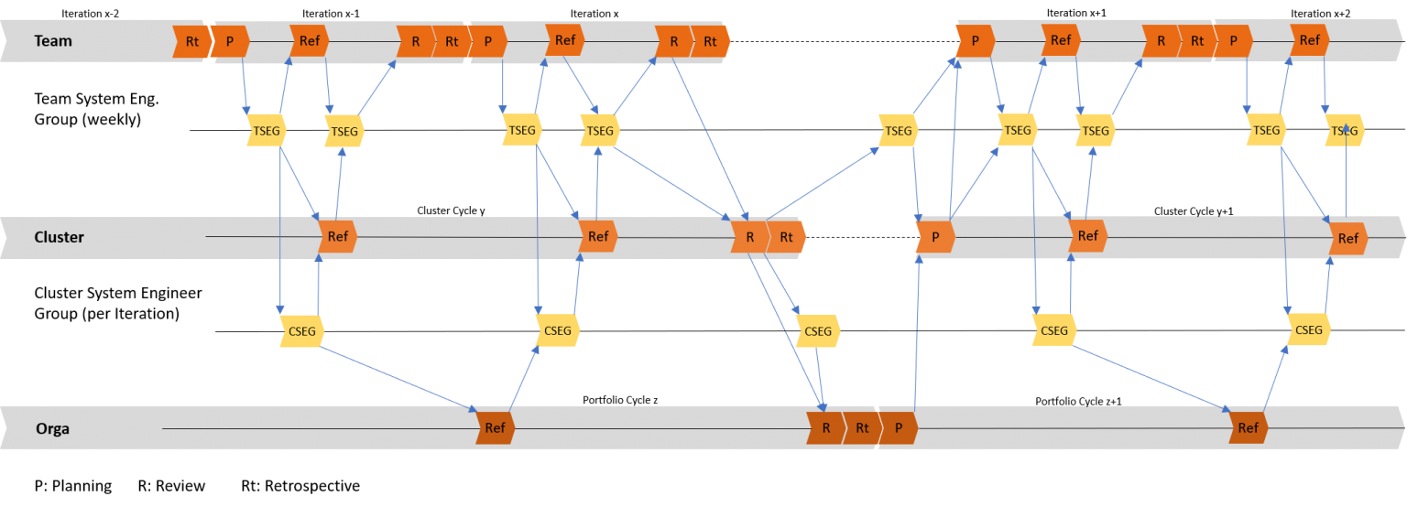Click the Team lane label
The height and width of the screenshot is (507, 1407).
[52, 41]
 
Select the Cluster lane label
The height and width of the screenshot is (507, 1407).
[59, 237]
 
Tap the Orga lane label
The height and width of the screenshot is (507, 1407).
[52, 428]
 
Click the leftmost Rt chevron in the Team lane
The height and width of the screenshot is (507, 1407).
[191, 41]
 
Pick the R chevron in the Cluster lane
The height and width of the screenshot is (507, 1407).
[749, 237]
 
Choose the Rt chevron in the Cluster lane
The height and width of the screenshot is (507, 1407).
[786, 237]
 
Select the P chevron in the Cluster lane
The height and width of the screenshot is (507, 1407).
[935, 237]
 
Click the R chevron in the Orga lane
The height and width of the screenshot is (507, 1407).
[824, 427]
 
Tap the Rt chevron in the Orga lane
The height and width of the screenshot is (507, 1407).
[861, 427]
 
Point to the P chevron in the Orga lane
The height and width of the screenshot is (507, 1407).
[899, 427]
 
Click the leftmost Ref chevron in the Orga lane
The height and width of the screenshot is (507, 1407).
[495, 427]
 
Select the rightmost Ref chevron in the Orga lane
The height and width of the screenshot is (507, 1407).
[1248, 427]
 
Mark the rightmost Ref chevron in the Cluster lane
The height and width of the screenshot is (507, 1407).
[1347, 239]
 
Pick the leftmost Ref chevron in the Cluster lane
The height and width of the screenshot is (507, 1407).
[337, 237]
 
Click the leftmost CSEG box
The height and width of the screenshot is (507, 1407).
[301, 330]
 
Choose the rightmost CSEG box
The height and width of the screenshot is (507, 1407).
[1308, 330]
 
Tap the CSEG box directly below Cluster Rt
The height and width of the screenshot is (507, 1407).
[817, 330]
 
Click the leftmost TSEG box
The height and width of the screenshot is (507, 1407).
[267, 131]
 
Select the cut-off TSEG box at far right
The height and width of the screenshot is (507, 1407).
[1344, 131]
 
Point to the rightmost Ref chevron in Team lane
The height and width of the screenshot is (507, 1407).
[1309, 41]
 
